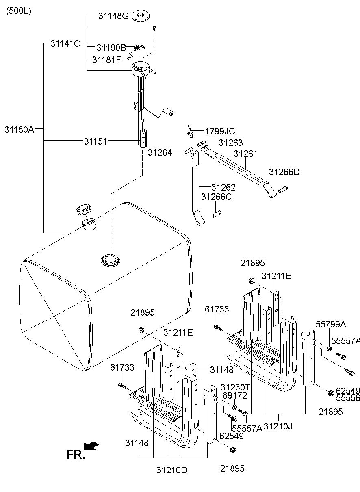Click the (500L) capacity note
[x=19, y=11]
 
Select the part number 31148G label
[x=113, y=16]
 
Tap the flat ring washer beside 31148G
[x=141, y=16]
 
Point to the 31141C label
[x=65, y=43]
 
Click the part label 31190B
[x=112, y=48]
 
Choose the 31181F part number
[x=106, y=60]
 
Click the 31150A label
[x=20, y=130]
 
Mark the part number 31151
[x=96, y=141]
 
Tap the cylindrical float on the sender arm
[x=169, y=111]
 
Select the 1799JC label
[x=220, y=131]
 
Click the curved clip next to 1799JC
[x=190, y=132]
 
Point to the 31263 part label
[x=231, y=143]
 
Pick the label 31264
[x=160, y=152]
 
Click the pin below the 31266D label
[x=283, y=189]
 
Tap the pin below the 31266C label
[x=216, y=214]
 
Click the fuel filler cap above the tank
[x=84, y=210]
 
